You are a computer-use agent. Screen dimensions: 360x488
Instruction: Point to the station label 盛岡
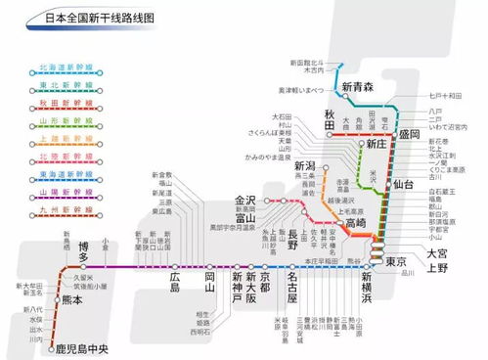pos(406,133)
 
